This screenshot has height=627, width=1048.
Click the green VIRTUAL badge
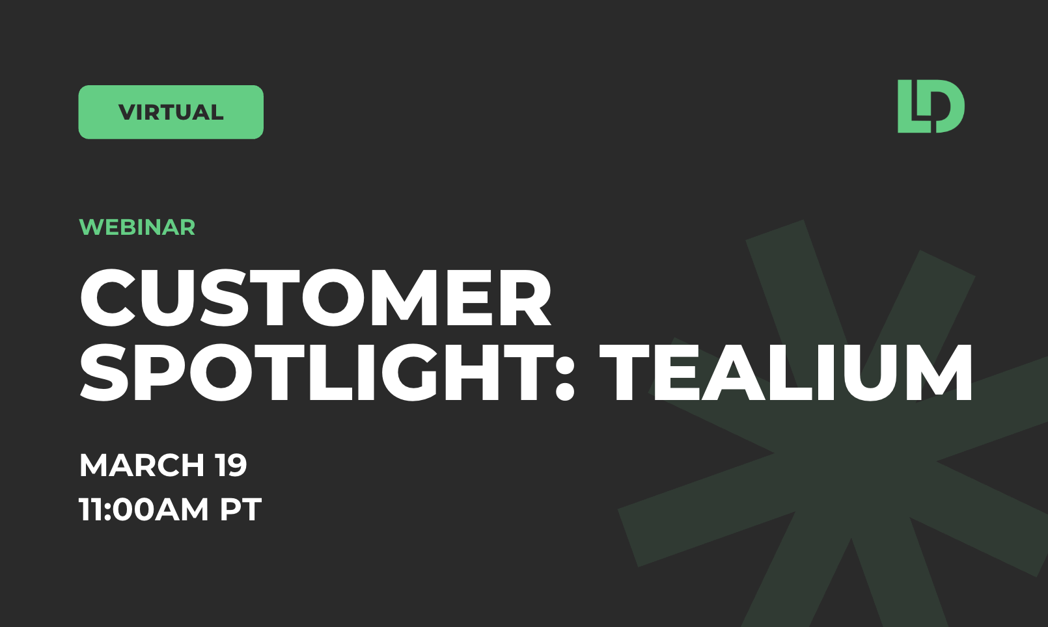click(x=171, y=112)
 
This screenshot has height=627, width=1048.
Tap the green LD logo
click(x=931, y=107)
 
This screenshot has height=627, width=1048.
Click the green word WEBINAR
click(x=137, y=227)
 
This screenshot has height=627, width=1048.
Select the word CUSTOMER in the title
click(x=316, y=299)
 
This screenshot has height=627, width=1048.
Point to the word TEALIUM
click(x=786, y=373)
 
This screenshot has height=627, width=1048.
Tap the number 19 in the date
click(x=231, y=465)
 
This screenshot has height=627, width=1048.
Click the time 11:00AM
click(x=144, y=509)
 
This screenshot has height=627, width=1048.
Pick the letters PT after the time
click(x=241, y=509)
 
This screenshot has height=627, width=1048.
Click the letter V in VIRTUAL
click(x=128, y=112)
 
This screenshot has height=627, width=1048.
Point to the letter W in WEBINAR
click(x=92, y=227)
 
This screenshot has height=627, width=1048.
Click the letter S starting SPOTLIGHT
click(x=104, y=373)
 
